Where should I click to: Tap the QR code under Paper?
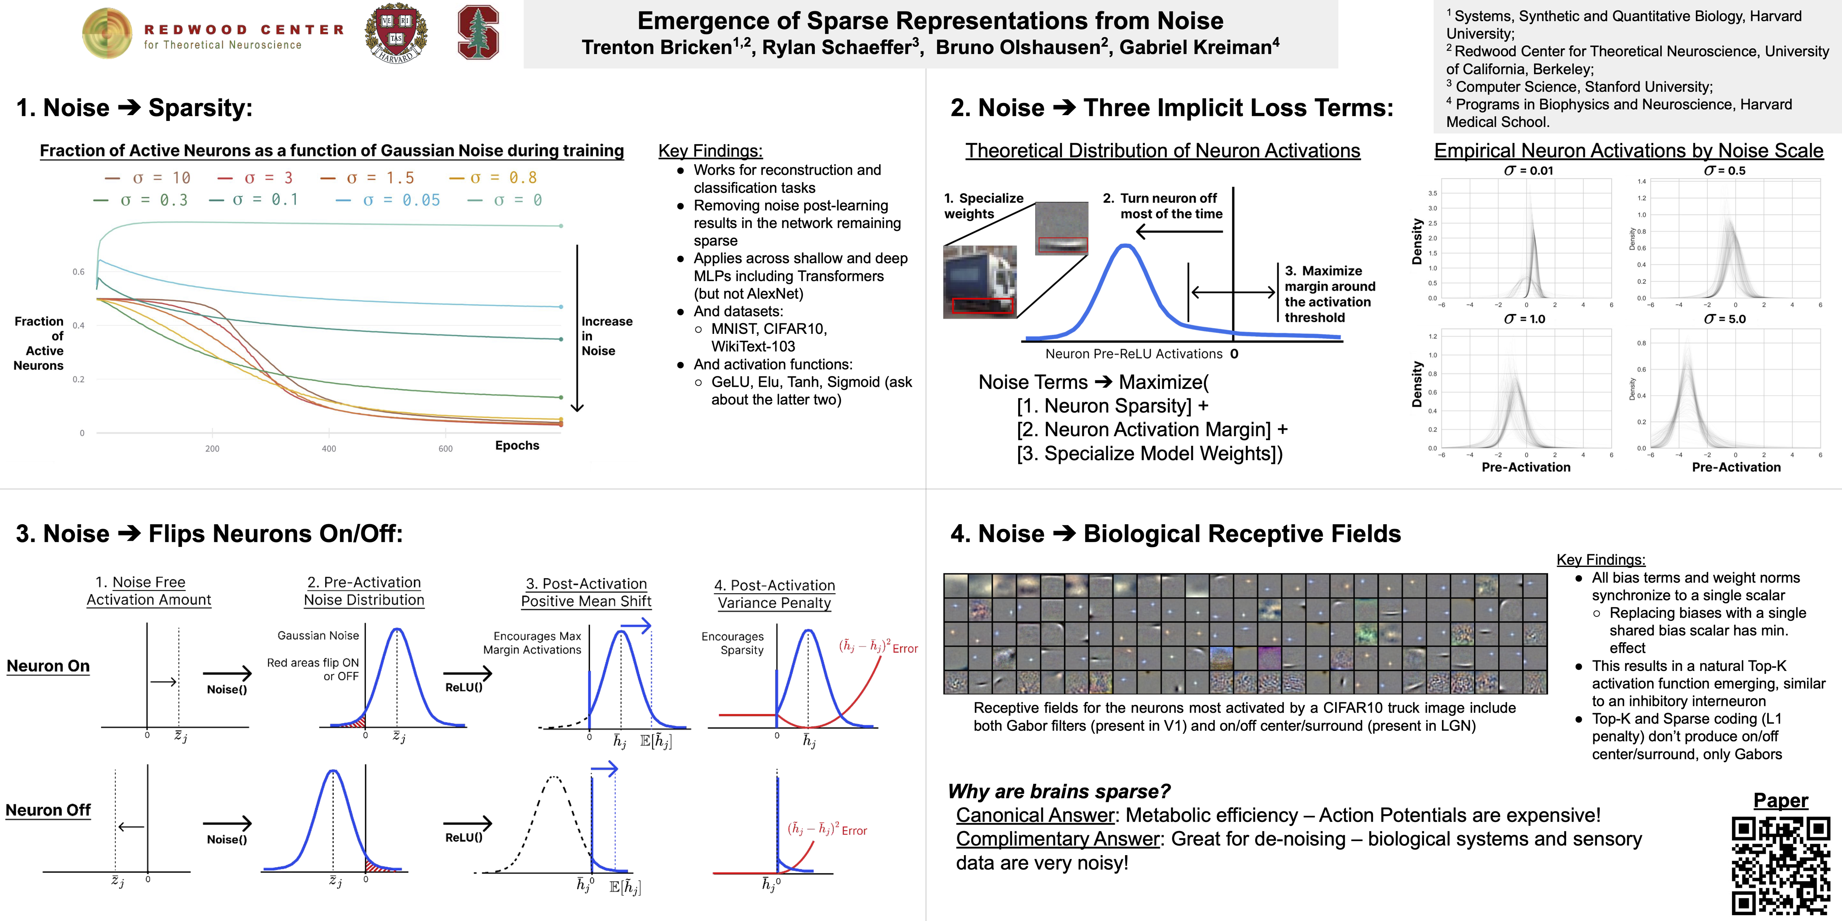point(1780,866)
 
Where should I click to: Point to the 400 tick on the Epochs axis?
point(329,448)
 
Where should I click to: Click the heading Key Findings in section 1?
point(710,151)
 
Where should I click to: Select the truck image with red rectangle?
point(980,282)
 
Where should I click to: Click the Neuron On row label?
point(48,666)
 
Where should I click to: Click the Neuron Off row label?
point(48,810)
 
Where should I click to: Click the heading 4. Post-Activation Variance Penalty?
point(775,594)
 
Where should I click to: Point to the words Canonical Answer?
point(1035,815)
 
